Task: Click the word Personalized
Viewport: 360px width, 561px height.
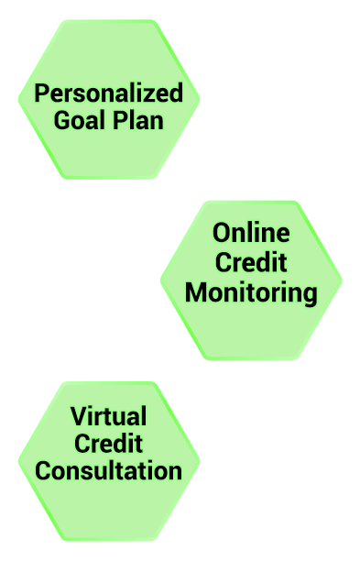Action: click(109, 93)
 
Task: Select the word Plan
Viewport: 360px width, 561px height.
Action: click(138, 120)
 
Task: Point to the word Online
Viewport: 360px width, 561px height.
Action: click(251, 233)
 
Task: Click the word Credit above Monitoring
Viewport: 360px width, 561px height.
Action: click(251, 262)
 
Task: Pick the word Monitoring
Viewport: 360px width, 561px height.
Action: click(251, 293)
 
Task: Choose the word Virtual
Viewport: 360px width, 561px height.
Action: click(109, 416)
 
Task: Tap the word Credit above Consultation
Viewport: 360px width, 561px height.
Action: click(109, 444)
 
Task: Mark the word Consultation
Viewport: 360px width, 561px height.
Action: click(109, 470)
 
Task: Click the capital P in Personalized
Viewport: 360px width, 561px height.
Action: click(41, 93)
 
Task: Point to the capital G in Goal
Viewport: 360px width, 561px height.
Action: click(62, 120)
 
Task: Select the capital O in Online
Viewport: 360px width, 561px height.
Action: click(222, 233)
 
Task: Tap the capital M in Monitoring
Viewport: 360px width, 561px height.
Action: click(196, 292)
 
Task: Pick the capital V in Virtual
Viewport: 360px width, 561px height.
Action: click(80, 416)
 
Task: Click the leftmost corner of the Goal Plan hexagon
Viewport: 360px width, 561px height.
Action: click(18, 100)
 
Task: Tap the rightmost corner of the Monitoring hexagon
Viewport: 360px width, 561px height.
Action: click(342, 280)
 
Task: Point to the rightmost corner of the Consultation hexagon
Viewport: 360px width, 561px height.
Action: click(200, 461)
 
